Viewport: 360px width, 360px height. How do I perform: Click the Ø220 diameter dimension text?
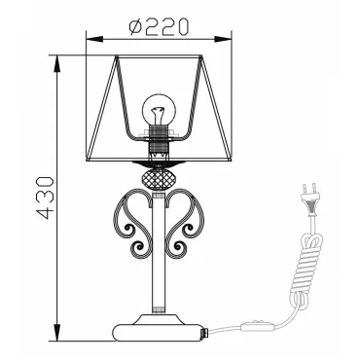[x=159, y=27]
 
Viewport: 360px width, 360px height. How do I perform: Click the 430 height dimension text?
[x=45, y=198]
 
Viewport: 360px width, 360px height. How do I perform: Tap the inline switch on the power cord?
[x=258, y=326]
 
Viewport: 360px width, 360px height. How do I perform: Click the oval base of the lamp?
[x=159, y=332]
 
